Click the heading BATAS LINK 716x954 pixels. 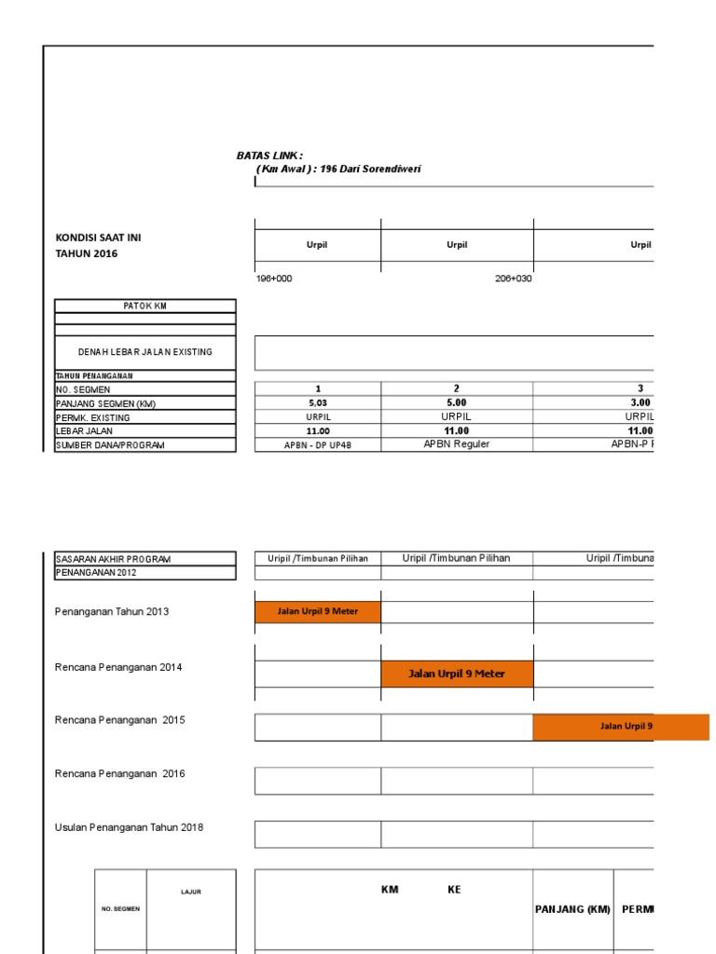(269, 155)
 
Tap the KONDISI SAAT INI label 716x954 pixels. (99, 238)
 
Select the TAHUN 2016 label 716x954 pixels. (87, 253)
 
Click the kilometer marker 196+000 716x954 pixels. (274, 279)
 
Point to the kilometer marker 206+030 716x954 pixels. (513, 279)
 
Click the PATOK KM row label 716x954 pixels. (145, 306)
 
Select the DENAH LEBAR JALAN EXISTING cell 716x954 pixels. (145, 352)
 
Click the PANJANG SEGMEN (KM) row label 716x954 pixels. (105, 403)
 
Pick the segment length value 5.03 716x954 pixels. (317, 403)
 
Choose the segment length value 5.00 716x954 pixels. (456, 402)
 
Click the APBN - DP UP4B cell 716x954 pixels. (317, 445)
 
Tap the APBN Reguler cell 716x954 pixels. (456, 444)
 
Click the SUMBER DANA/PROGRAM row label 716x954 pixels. (110, 445)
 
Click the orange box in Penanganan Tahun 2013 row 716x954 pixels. (317, 612)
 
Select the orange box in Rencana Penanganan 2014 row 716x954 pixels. (457, 674)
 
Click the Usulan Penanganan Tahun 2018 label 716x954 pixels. (129, 827)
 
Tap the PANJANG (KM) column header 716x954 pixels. (572, 909)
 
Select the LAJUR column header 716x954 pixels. (191, 892)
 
